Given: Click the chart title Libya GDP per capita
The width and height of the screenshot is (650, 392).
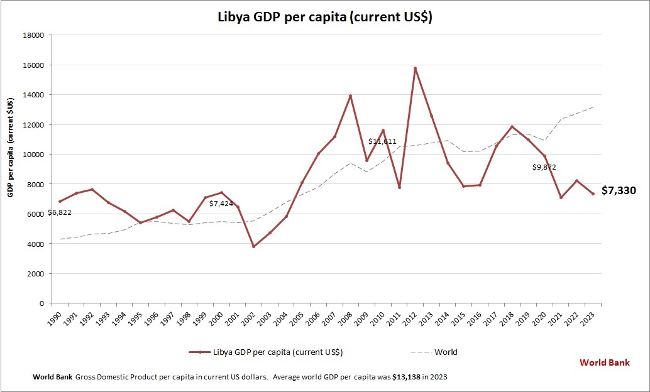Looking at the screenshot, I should (x=325, y=18).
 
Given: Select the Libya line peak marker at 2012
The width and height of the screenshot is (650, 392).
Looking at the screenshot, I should (x=416, y=68).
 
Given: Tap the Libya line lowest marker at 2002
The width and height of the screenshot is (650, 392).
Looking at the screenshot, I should (x=253, y=246).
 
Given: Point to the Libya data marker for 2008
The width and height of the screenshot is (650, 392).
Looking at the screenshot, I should (x=351, y=96).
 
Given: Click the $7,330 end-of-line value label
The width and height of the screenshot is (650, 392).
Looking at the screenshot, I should (x=619, y=190).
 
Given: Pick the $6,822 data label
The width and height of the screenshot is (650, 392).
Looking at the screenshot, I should (x=60, y=212).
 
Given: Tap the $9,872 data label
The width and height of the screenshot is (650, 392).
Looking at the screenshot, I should (x=544, y=167).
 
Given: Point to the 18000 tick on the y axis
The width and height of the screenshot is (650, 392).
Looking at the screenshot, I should (x=33, y=35).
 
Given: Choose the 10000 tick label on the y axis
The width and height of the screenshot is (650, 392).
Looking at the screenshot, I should (x=33, y=155).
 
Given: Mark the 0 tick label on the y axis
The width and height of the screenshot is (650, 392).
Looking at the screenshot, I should (x=41, y=303).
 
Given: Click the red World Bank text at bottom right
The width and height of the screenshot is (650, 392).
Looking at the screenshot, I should (x=604, y=362).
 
